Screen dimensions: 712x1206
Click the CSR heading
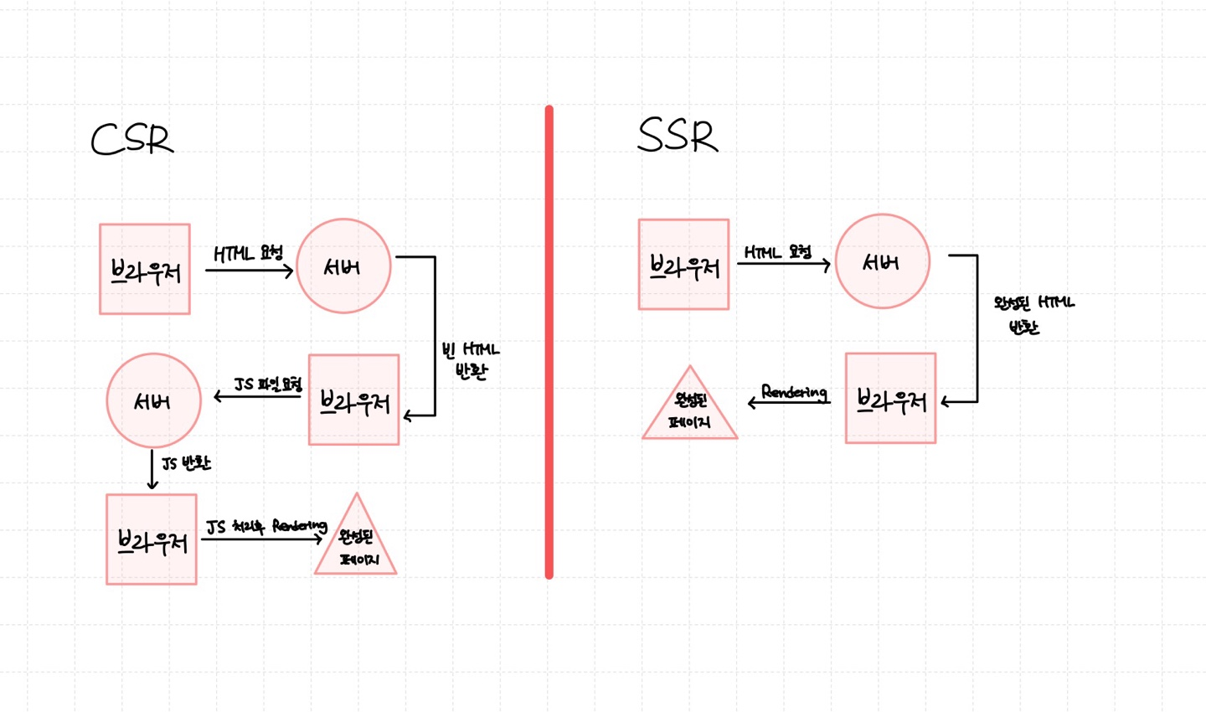132,140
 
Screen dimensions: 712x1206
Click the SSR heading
678,136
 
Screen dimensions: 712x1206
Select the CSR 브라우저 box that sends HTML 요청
145,269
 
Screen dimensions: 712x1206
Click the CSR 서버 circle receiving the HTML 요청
343,266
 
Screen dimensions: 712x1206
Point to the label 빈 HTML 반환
471,361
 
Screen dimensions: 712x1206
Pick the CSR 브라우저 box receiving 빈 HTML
353,400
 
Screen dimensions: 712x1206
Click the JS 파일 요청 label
267,384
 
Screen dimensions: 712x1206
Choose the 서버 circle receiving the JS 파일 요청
153,400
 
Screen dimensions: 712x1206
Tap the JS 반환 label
185,463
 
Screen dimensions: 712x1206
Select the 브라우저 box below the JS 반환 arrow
152,539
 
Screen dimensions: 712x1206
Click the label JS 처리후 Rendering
266,526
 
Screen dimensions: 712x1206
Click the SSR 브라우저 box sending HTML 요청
683,265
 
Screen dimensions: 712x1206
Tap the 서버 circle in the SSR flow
882,261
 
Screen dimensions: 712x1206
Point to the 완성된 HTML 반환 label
1032,314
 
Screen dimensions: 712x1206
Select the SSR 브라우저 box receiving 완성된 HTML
890,398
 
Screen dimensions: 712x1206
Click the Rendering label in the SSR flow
794,392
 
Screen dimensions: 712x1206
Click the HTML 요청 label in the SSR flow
778,251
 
